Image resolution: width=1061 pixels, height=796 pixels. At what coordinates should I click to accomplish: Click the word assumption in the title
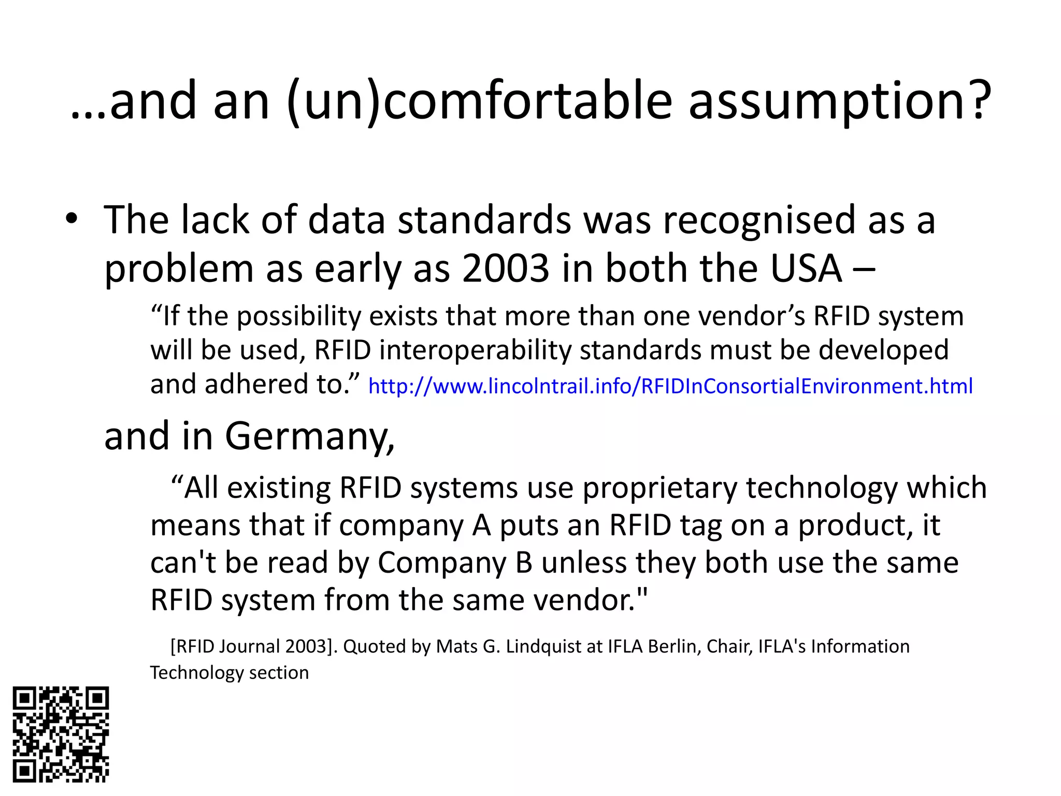click(x=839, y=101)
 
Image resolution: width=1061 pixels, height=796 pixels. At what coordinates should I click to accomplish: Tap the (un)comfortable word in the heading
click(x=479, y=101)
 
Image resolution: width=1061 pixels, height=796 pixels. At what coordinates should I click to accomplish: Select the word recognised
click(x=759, y=220)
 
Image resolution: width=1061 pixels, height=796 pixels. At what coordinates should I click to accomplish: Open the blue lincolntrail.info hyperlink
click(x=670, y=386)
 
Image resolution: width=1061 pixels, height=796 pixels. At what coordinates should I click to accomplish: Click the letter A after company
click(x=481, y=525)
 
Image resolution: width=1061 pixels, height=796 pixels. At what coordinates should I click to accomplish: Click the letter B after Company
click(x=524, y=563)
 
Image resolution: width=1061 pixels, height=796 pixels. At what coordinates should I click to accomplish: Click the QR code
click(x=61, y=734)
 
